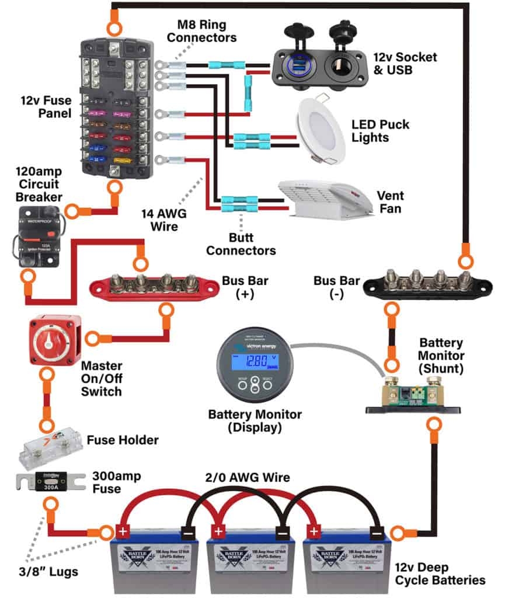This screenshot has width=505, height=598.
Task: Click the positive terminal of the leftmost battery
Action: (123, 533)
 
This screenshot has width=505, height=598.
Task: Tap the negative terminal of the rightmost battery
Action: (377, 533)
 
